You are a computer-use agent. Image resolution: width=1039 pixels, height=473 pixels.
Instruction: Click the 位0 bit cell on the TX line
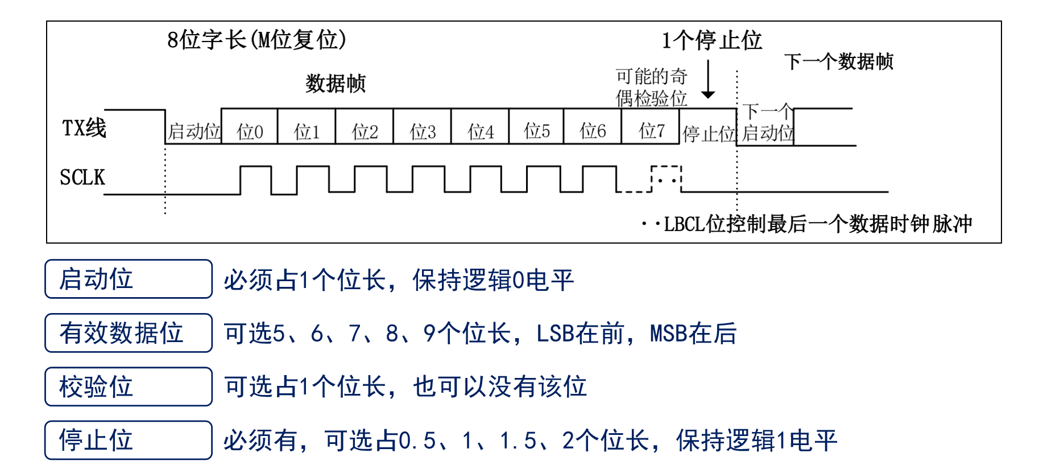click(x=250, y=131)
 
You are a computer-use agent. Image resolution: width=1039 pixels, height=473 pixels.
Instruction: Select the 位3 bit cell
click(x=423, y=131)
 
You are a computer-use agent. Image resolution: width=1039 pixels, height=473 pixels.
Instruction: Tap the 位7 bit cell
click(x=651, y=130)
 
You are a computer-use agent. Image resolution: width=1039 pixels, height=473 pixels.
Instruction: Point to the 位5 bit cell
click(x=537, y=131)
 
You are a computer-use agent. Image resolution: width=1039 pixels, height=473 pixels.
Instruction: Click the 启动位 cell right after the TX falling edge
click(x=193, y=131)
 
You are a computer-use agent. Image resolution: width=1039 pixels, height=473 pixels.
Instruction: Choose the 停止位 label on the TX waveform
click(x=709, y=134)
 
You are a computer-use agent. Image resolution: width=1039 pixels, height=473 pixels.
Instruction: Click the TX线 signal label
click(x=84, y=127)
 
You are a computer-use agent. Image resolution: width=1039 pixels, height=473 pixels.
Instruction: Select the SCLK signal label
click(x=82, y=178)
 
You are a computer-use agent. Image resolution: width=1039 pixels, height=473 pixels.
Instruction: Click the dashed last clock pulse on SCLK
click(x=666, y=178)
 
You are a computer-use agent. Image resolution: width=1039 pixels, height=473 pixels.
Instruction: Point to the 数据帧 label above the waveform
click(x=336, y=84)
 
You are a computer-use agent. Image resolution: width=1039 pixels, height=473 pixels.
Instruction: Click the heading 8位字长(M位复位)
click(x=256, y=40)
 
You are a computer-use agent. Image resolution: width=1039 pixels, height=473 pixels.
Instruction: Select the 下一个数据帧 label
click(x=838, y=61)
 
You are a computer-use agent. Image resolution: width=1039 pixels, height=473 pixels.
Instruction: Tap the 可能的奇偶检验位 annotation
click(x=651, y=87)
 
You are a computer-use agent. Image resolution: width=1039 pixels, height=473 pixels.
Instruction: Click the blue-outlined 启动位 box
click(x=129, y=279)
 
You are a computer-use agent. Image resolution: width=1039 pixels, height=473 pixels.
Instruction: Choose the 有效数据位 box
click(x=129, y=333)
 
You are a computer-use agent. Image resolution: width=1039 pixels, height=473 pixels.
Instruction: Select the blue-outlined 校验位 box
click(x=129, y=386)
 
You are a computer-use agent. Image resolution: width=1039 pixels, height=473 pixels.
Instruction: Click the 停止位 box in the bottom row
click(x=129, y=440)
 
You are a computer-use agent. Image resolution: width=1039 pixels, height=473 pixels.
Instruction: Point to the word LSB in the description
click(x=554, y=334)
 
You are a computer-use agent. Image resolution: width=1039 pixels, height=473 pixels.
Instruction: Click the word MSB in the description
click(x=668, y=334)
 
